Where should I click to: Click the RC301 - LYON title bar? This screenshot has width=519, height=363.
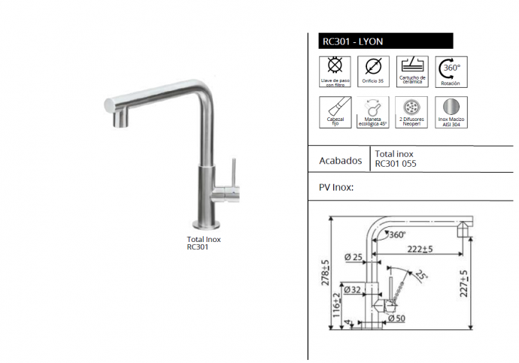(386, 41)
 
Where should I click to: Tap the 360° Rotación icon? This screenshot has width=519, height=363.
(451, 72)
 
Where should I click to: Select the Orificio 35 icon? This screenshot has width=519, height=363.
(373, 71)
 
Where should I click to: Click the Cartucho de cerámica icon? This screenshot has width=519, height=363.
(412, 71)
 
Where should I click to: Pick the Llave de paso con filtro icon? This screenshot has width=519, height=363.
(335, 71)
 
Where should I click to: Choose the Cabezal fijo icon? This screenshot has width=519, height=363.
(335, 113)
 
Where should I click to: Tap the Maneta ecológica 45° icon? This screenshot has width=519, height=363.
(373, 113)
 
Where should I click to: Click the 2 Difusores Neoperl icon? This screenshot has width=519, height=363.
(411, 113)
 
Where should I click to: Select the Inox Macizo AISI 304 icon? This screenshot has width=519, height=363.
(451, 113)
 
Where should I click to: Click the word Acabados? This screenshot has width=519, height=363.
(341, 161)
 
